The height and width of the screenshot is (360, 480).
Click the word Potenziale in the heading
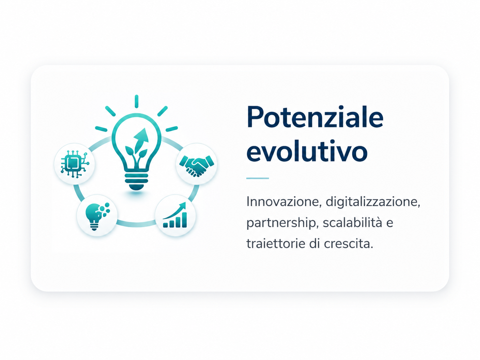[315, 117]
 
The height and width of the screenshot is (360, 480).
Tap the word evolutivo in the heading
[307, 150]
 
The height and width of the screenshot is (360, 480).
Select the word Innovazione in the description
[284, 202]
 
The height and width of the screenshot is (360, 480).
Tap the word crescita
[348, 244]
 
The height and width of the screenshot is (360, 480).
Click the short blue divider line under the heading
[257, 178]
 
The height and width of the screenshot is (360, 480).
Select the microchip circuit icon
[75, 164]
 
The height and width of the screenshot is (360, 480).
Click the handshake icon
[197, 165]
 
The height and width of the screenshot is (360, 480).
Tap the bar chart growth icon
[175, 215]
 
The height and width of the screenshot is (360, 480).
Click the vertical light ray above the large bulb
[137, 101]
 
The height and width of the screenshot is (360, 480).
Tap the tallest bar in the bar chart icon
[185, 220]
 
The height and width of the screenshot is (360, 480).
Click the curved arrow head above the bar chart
[182, 206]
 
